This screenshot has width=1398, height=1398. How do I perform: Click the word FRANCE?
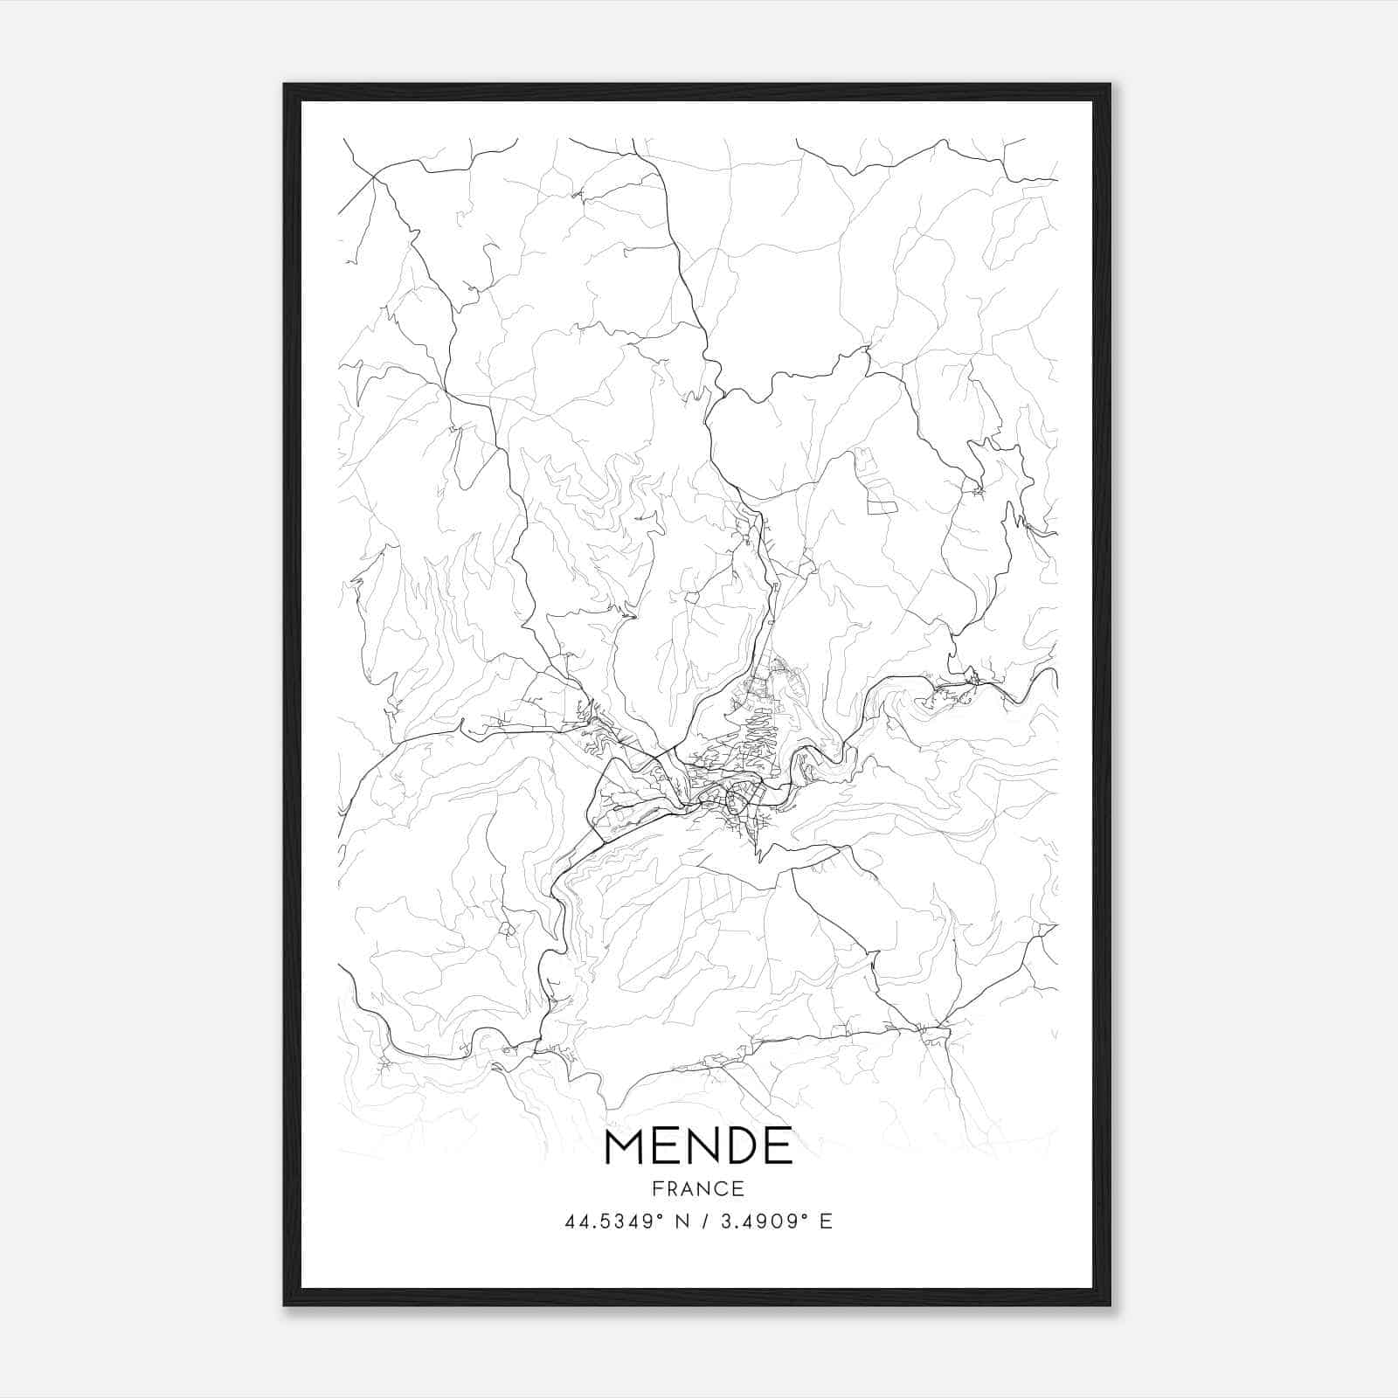coord(698,1188)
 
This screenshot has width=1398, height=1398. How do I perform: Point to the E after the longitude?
coord(826,1222)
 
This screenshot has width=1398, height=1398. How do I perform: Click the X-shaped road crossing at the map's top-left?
coord(374,176)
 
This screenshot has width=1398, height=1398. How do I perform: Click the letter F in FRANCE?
coord(656,1188)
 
